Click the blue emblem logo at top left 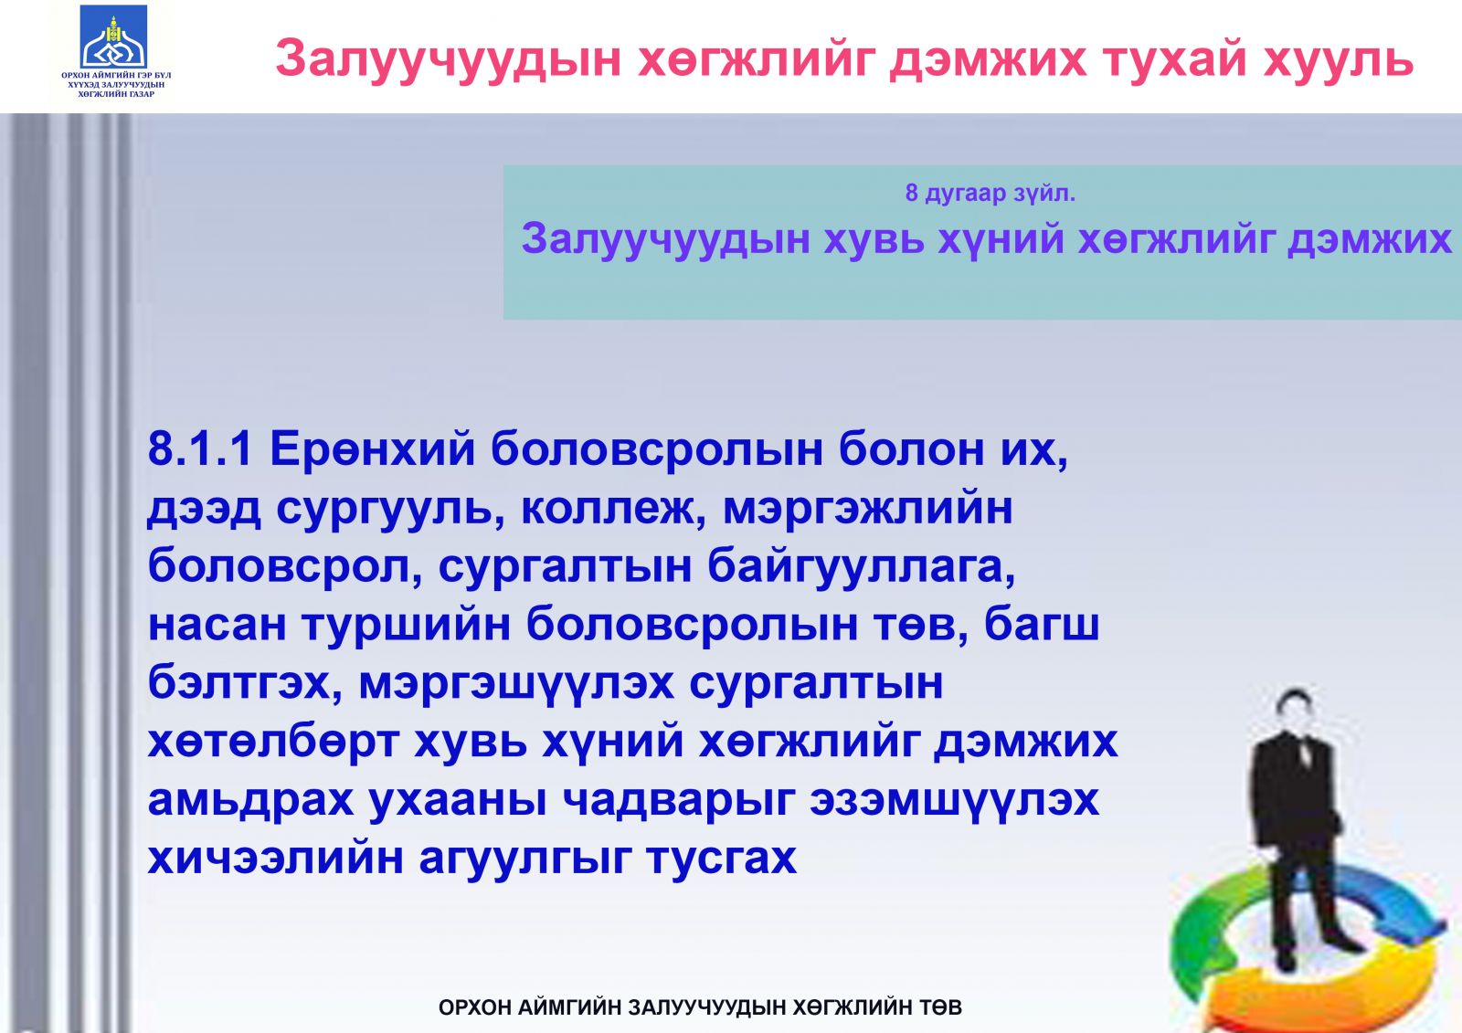(114, 37)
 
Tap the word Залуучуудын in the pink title (448, 58)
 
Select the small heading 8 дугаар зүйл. (991, 193)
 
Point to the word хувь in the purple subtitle (874, 238)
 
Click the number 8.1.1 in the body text (200, 449)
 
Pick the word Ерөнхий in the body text (373, 449)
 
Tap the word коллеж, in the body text (614, 509)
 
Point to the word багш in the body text (1042, 625)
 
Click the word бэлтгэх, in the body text (246, 683)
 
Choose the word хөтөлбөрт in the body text (273, 742)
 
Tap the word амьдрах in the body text (251, 800)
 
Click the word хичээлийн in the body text (275, 859)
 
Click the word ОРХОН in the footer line (475, 1007)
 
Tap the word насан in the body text (217, 625)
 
